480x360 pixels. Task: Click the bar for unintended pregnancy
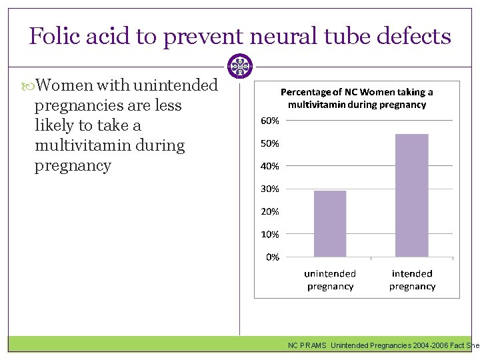click(330, 224)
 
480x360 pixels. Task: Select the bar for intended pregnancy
click(412, 195)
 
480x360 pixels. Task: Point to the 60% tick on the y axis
click(269, 121)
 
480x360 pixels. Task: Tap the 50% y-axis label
click(269, 143)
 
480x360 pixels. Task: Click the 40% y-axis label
click(269, 166)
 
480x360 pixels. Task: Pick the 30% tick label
click(269, 189)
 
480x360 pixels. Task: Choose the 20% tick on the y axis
click(269, 211)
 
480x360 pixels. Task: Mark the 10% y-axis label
click(269, 234)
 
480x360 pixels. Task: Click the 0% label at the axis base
click(272, 257)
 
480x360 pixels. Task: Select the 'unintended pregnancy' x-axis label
click(330, 280)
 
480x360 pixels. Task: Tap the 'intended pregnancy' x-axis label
click(412, 280)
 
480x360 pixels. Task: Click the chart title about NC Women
click(357, 98)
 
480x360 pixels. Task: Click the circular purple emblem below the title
click(239, 66)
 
